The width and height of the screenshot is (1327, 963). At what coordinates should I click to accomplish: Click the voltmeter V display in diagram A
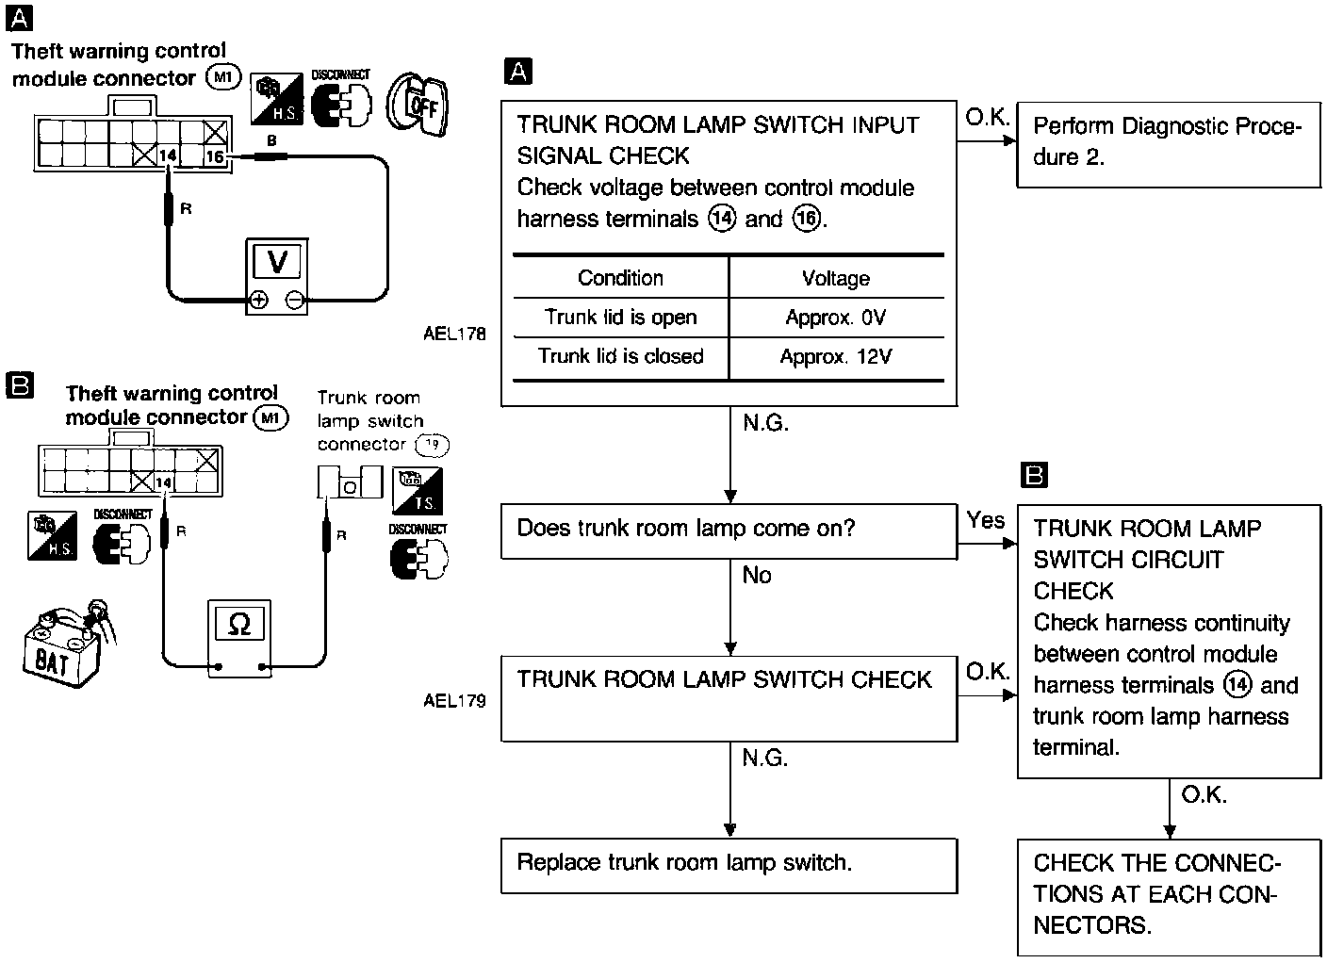coord(277,261)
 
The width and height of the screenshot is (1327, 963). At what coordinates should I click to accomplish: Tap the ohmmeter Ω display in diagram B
coord(239,624)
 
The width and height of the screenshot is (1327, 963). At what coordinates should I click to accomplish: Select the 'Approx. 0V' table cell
coord(836,318)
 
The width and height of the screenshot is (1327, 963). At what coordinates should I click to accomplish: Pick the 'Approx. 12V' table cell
coord(836,357)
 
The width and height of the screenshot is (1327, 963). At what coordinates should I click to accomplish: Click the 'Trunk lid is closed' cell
coord(620,356)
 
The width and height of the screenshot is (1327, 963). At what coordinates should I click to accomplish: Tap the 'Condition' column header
coord(620,278)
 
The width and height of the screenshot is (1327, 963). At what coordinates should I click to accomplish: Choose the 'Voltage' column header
coord(836,278)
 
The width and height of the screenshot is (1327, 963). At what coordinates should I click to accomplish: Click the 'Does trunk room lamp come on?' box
coord(729,530)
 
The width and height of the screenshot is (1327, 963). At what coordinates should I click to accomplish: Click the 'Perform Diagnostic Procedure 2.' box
coord(1169,142)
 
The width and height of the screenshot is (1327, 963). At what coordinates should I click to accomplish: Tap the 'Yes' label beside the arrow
coord(986,520)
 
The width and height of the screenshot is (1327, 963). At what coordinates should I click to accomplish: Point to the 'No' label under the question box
coord(757,575)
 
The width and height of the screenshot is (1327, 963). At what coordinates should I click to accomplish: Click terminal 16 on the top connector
coord(215,156)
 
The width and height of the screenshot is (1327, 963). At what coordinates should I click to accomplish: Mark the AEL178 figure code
coord(455,334)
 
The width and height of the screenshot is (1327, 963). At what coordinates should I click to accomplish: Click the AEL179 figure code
coord(455,700)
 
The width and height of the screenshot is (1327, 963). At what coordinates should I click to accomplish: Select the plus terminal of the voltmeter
coord(258,301)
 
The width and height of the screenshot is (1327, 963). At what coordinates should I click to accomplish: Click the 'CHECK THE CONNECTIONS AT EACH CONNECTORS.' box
coord(1169,895)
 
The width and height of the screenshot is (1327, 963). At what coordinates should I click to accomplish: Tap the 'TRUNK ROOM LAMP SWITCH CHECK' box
coord(729,698)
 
